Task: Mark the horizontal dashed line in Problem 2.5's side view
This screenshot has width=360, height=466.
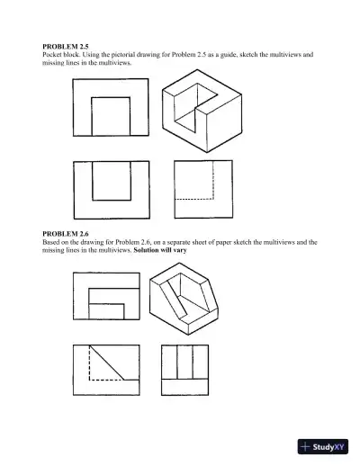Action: click(x=191, y=198)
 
